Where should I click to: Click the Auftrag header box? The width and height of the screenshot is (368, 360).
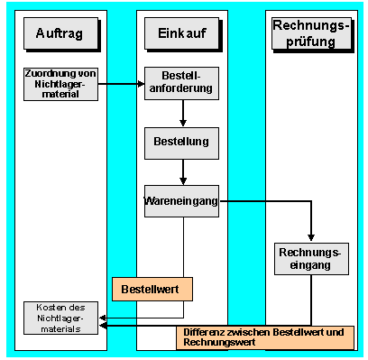coord(60,33)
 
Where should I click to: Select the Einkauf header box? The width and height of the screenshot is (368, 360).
coord(182,33)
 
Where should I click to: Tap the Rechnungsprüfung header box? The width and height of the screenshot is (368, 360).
coord(311,33)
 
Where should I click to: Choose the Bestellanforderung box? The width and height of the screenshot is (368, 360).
coord(182,83)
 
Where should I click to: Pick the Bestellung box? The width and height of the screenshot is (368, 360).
coord(182,142)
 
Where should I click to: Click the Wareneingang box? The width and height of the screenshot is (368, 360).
coord(182,202)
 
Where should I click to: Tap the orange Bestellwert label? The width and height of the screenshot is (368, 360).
coord(152,289)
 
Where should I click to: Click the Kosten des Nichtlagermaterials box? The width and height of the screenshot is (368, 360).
coord(60,317)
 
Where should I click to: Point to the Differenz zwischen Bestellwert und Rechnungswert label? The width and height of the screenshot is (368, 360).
coord(263,337)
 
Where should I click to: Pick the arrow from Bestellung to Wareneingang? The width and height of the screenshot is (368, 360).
coord(183,171)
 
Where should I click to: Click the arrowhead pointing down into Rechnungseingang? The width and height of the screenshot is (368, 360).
coord(311,236)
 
